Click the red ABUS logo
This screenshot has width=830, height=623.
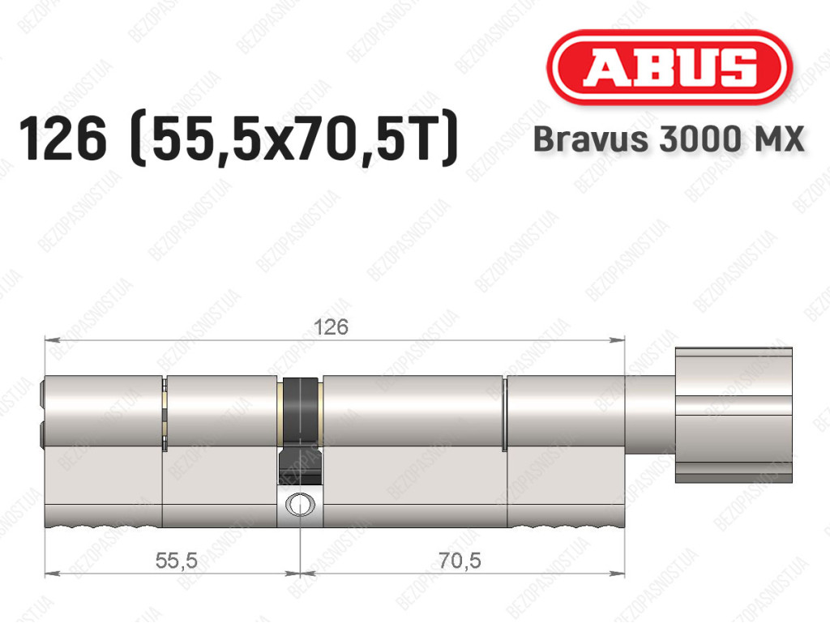[x=669, y=67]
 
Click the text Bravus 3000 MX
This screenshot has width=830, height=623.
[x=669, y=139]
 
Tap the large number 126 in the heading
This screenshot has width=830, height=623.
[x=62, y=139]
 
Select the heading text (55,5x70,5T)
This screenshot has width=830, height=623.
[x=293, y=139]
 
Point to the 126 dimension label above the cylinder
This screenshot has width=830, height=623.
[x=331, y=326]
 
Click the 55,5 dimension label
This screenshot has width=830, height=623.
[x=176, y=560]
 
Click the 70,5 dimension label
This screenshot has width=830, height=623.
[x=460, y=560]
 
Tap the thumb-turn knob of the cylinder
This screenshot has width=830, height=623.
[x=734, y=415]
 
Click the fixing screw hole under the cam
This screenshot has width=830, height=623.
[x=300, y=504]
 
